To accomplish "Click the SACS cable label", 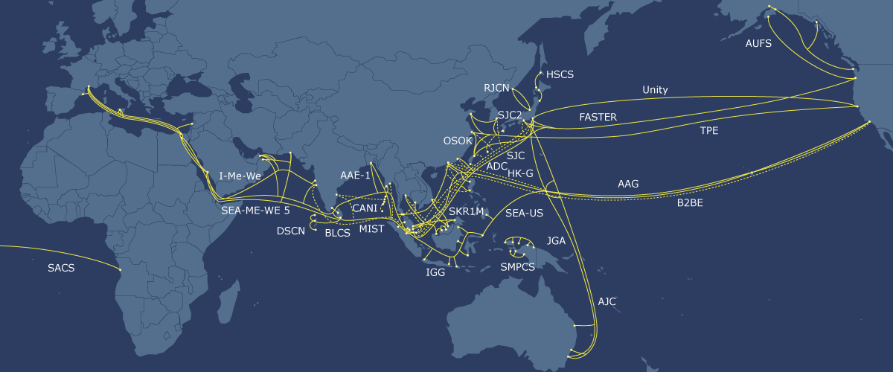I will tap(61, 268).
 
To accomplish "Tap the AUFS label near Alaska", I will tap(758, 43).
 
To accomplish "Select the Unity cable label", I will tap(655, 90).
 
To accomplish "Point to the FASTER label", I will tap(598, 118).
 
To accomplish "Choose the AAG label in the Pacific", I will tap(628, 183).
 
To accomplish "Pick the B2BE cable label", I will tap(690, 202).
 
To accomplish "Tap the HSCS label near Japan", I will tap(560, 75).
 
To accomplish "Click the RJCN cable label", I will tap(496, 88).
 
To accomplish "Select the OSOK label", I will tap(458, 140).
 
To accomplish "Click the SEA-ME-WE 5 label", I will tap(255, 210).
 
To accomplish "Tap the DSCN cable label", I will tap(291, 231).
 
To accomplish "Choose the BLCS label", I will tap(338, 233).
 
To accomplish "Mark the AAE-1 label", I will tap(355, 175).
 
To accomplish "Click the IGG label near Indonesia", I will tap(435, 272).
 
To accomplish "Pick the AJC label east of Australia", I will tap(607, 301).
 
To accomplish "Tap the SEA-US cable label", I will tap(524, 214).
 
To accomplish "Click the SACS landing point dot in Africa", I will tap(120, 269).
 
